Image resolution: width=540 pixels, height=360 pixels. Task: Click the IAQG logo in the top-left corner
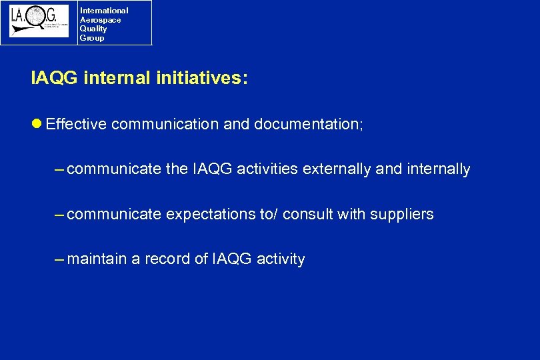pyautogui.click(x=39, y=21)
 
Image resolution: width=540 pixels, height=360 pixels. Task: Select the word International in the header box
pyautogui.click(x=103, y=11)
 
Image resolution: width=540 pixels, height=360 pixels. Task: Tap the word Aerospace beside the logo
pyautogui.click(x=100, y=20)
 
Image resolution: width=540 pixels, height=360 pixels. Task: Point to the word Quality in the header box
pyautogui.click(x=93, y=29)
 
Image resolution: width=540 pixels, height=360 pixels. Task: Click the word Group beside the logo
pyautogui.click(x=91, y=38)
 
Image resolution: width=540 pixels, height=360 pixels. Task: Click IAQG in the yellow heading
pyautogui.click(x=54, y=79)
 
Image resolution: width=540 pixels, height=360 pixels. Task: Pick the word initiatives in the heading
pyautogui.click(x=201, y=79)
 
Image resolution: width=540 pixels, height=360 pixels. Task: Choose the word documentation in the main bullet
pyautogui.click(x=308, y=125)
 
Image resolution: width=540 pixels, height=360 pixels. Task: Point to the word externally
pyautogui.click(x=337, y=169)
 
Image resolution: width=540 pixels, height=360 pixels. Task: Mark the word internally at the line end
pyautogui.click(x=437, y=169)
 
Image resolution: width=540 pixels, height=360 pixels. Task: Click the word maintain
pyautogui.click(x=97, y=259)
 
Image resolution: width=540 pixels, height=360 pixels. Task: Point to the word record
pyautogui.click(x=167, y=259)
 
